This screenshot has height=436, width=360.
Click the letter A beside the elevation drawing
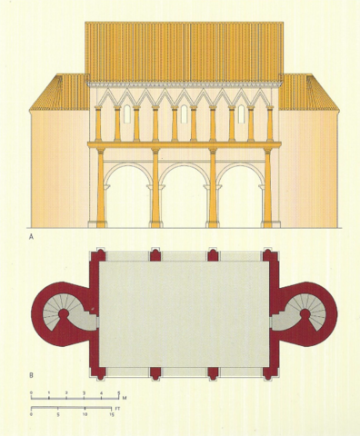(32, 236)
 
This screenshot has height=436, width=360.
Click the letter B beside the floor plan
(32, 372)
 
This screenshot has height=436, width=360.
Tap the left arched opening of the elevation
(127, 200)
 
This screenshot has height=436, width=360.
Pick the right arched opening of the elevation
(240, 200)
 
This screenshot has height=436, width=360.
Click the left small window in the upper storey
(127, 115)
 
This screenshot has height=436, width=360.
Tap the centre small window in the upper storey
(185, 115)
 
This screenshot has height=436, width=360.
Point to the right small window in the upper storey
(242, 115)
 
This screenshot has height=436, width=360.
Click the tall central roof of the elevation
(184, 50)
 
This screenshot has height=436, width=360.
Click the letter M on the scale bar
(125, 397)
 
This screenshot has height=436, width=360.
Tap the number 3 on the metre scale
(84, 392)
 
